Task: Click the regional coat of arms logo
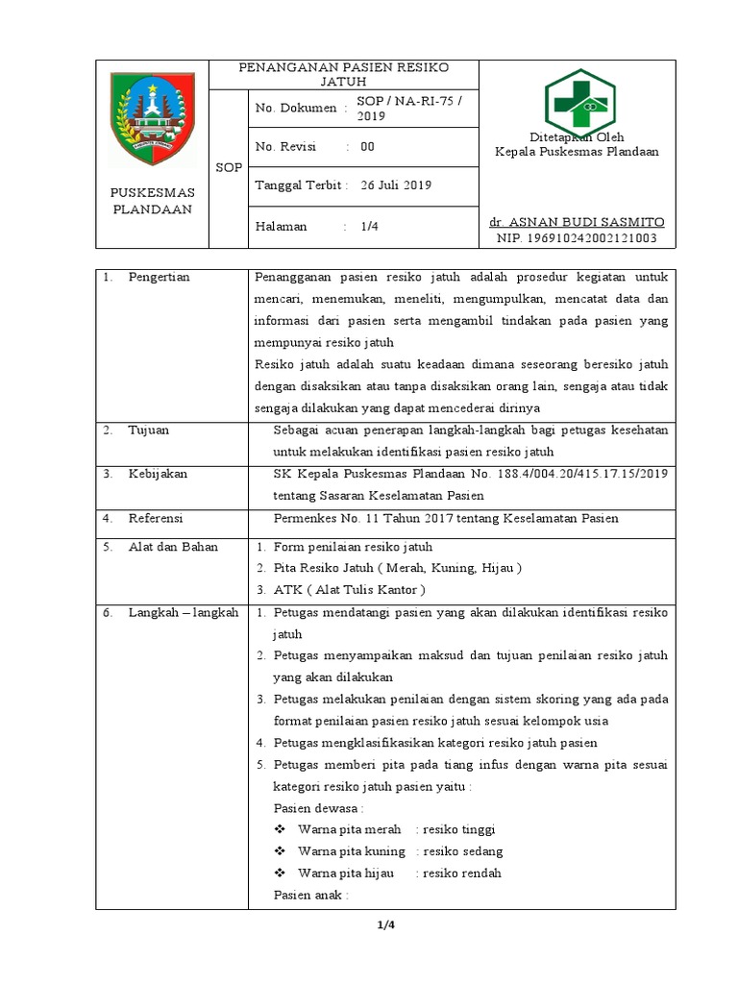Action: click(x=153, y=118)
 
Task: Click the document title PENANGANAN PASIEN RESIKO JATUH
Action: click(x=344, y=74)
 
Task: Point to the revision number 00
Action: click(x=367, y=147)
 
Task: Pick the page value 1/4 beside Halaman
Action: click(x=369, y=227)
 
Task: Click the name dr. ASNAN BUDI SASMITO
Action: click(x=577, y=222)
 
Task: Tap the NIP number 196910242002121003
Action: click(x=577, y=237)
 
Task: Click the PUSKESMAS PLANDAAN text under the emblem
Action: click(x=153, y=200)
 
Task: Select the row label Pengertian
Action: click(x=160, y=278)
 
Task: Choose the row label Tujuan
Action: click(x=149, y=430)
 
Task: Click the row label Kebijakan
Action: click(x=158, y=474)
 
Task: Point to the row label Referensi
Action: click(x=156, y=518)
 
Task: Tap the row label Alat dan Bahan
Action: click(x=173, y=547)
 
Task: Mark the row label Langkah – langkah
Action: click(x=183, y=612)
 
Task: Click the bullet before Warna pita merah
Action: click(x=281, y=829)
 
